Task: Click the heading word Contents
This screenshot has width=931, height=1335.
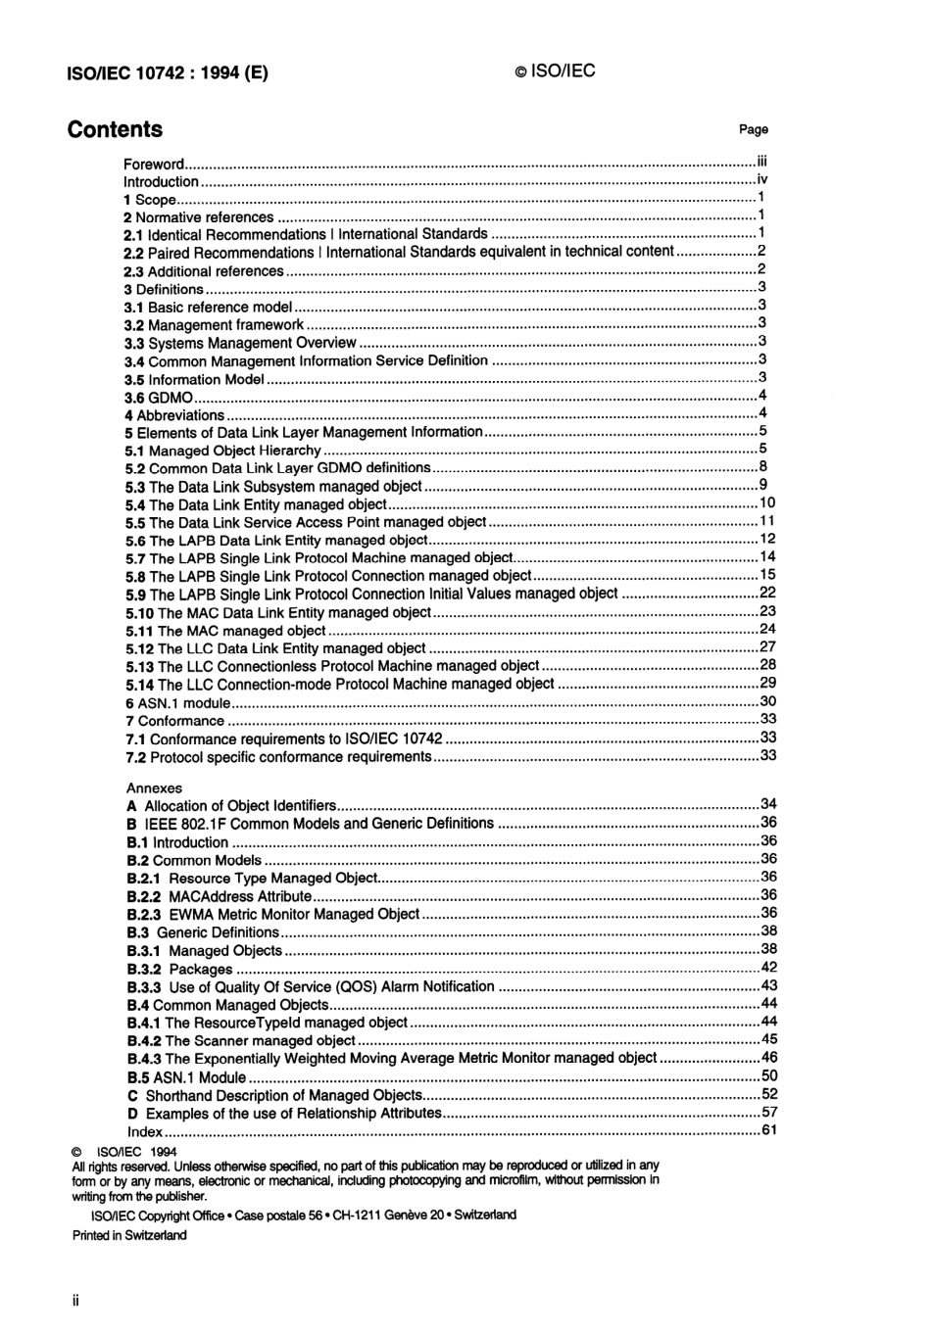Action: (x=115, y=129)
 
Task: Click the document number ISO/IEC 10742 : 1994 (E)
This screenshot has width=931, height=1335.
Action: (x=167, y=72)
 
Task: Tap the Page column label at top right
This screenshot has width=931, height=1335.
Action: (x=753, y=129)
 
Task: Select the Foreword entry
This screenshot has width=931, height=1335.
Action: (x=154, y=165)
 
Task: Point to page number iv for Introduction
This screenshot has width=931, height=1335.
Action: (x=761, y=180)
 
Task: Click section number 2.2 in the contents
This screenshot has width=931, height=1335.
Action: (x=133, y=253)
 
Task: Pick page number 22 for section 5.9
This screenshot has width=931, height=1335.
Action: (x=767, y=593)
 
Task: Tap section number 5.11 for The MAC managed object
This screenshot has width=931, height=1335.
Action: (x=139, y=631)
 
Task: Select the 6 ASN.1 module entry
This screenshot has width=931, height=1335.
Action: (x=177, y=702)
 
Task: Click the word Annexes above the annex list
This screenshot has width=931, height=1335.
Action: (x=154, y=787)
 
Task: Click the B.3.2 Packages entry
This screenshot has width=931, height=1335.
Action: (x=179, y=969)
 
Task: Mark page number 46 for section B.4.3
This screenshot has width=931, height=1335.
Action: (x=768, y=1058)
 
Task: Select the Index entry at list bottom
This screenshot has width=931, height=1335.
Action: (x=145, y=1131)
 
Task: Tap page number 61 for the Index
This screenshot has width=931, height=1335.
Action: (x=768, y=1130)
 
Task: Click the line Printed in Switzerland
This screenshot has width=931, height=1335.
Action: (x=129, y=1235)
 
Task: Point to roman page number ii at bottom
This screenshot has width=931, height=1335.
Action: (x=75, y=1301)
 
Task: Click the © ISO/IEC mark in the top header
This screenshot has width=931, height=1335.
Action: (x=555, y=72)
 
